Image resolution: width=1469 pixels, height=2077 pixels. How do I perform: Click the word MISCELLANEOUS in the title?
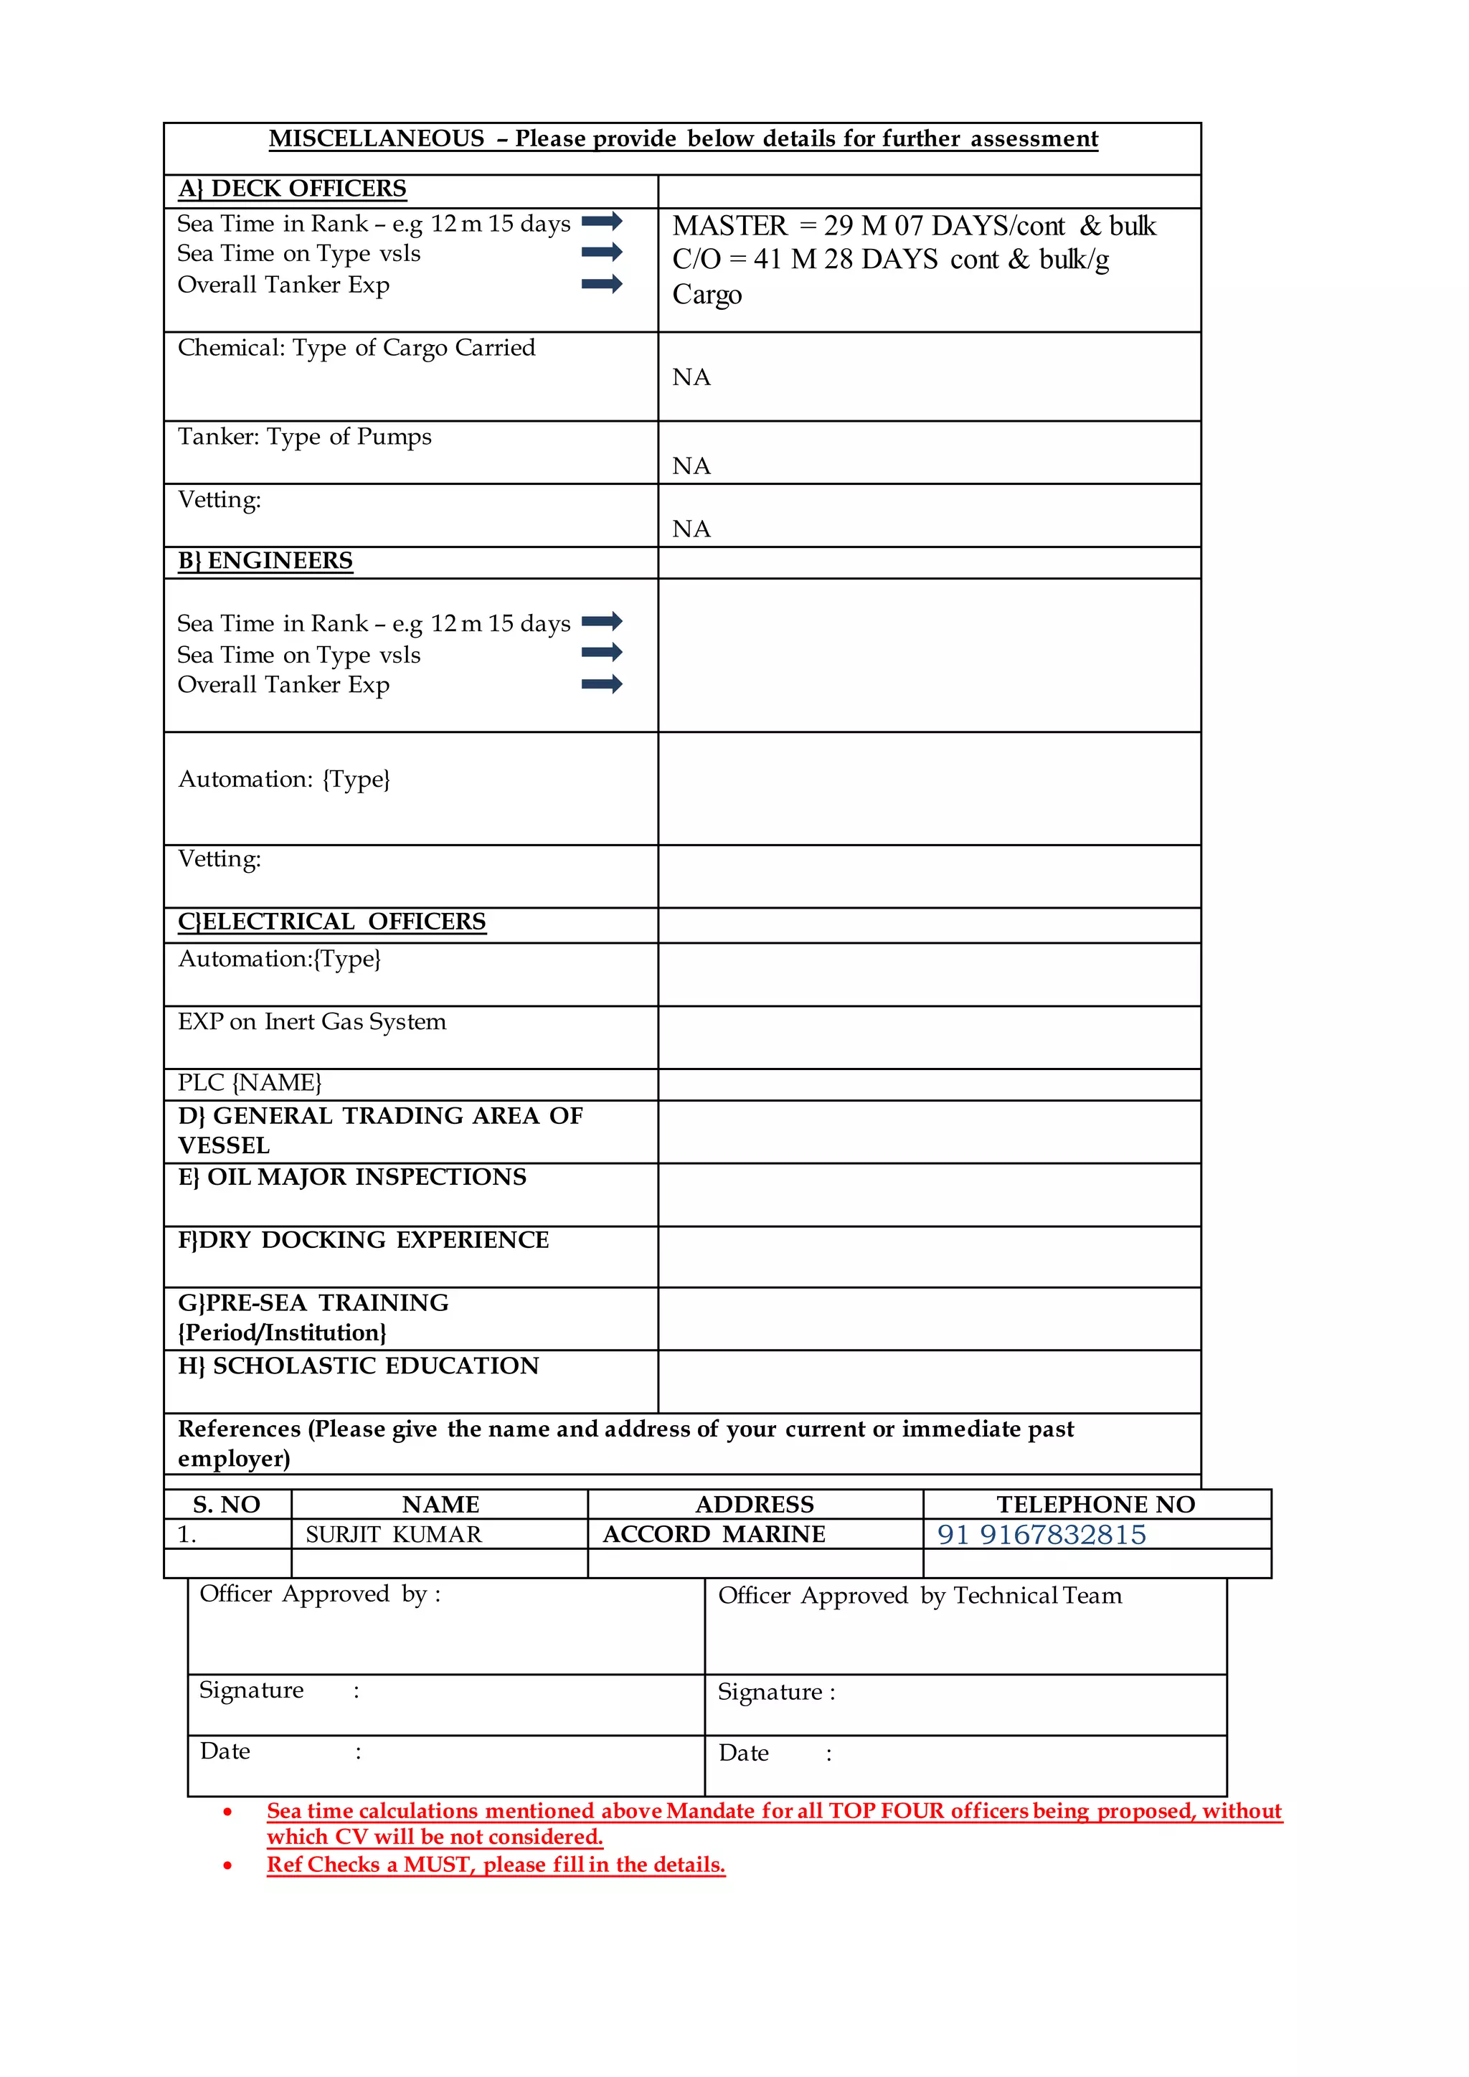click(x=377, y=138)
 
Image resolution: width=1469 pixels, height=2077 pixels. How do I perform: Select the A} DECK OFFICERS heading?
click(x=292, y=189)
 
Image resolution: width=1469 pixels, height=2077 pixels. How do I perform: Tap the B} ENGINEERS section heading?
click(x=265, y=561)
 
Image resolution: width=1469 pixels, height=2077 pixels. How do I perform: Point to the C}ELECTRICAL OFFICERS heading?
click(x=332, y=922)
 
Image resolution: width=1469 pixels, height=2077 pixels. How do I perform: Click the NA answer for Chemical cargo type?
click(x=691, y=377)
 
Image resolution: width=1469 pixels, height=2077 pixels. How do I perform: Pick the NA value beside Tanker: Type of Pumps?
click(x=691, y=466)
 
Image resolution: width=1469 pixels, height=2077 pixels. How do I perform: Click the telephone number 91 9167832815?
click(x=1041, y=1534)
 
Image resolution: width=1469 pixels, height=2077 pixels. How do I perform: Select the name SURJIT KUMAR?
click(x=394, y=1534)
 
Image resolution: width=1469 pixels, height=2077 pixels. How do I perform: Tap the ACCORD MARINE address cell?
click(x=714, y=1534)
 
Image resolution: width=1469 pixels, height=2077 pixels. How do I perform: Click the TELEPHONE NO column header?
click(x=1095, y=1505)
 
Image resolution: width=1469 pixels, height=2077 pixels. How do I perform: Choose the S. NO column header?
click(x=226, y=1505)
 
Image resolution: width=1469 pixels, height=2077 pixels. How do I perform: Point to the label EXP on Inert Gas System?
click(x=312, y=1021)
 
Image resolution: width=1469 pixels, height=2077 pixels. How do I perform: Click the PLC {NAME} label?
click(x=250, y=1083)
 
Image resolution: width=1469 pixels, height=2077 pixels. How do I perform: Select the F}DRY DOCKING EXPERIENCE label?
click(x=364, y=1240)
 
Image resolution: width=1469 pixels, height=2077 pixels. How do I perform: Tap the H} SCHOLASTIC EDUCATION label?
click(x=358, y=1366)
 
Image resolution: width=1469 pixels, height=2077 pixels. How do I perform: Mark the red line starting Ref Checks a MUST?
click(x=496, y=1865)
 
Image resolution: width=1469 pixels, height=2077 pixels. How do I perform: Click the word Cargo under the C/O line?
click(x=707, y=295)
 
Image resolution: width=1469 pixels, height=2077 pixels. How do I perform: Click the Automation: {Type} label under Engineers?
click(x=284, y=779)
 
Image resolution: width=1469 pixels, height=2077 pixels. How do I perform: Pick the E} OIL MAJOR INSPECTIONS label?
click(x=352, y=1177)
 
